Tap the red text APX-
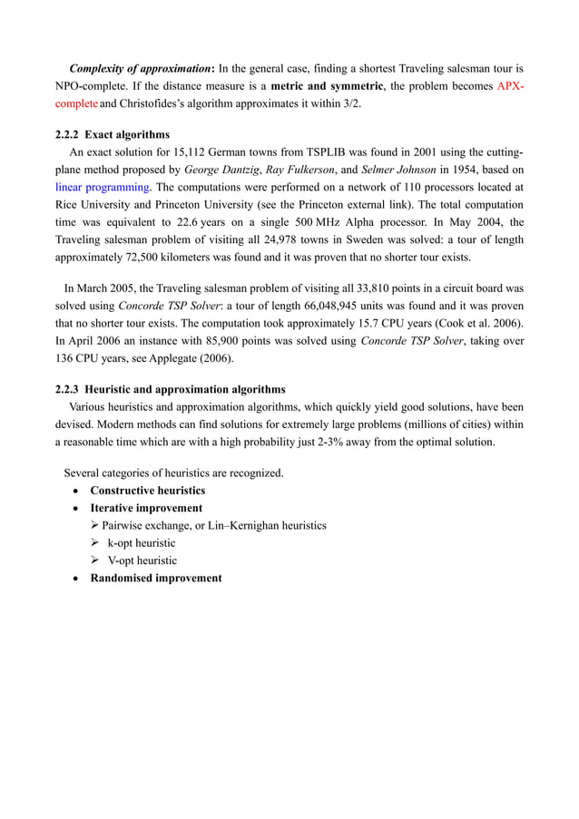point(511,86)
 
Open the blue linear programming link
point(103,187)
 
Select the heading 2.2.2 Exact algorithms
point(113,135)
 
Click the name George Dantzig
point(221,170)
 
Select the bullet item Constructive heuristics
point(147,491)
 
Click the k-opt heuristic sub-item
point(142,542)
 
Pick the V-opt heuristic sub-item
point(142,560)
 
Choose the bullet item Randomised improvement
point(155,578)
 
